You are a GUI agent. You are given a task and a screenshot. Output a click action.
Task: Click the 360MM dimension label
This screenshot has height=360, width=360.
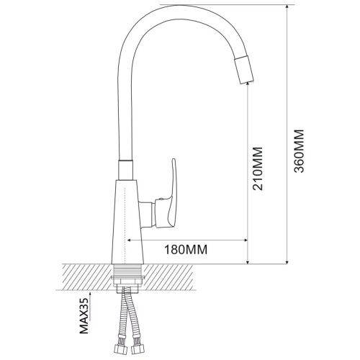point(299,151)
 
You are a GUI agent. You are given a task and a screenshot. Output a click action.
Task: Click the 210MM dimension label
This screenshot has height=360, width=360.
point(258,168)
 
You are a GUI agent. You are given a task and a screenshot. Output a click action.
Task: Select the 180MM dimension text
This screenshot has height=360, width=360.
point(186,250)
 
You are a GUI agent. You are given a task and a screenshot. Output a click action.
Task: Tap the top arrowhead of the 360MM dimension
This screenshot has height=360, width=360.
point(287,7)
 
